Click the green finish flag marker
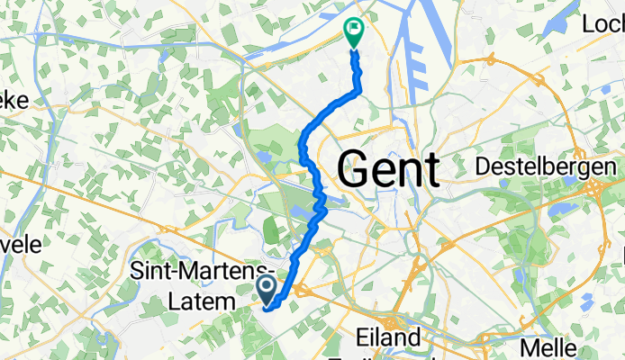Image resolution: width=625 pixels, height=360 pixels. (353, 31)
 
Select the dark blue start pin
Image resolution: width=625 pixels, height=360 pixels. (267, 288)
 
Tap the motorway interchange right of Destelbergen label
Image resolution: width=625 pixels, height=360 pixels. (596, 188)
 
